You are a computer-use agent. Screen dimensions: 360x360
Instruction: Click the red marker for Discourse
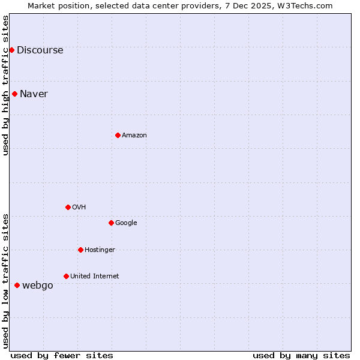tap(11, 50)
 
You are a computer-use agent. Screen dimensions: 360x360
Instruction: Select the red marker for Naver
tap(14, 94)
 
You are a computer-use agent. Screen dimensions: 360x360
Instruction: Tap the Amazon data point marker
tap(118, 135)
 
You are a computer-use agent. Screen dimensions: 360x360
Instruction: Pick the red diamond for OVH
tap(68, 207)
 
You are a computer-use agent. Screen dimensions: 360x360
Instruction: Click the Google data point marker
tap(111, 223)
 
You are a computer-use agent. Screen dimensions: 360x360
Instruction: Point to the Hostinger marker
tap(80, 250)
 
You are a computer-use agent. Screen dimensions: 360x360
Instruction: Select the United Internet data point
tap(66, 276)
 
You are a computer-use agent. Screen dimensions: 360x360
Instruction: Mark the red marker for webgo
tap(17, 285)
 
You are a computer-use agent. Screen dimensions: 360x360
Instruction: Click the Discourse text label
tap(40, 50)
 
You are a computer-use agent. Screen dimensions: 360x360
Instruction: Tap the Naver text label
tap(34, 94)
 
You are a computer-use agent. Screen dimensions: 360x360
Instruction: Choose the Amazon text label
tap(134, 136)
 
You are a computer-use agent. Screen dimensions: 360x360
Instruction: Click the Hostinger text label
tap(100, 250)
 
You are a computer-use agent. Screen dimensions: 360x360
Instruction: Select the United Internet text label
tap(94, 277)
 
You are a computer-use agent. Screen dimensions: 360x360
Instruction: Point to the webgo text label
tap(37, 286)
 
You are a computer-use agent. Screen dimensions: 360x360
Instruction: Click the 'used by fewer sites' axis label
tap(62, 355)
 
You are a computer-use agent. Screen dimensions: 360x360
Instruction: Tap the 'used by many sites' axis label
tap(301, 355)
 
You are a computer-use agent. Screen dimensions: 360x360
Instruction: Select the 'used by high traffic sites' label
tap(6, 85)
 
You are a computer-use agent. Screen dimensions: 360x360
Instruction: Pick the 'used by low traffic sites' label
tap(6, 281)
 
